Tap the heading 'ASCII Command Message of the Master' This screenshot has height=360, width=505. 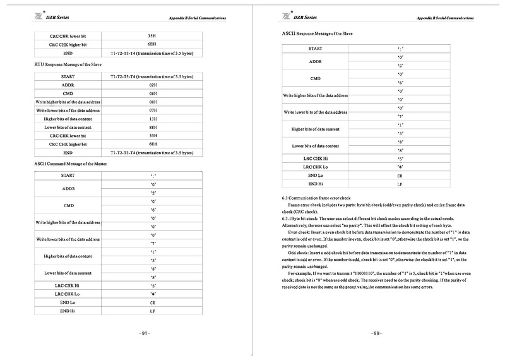click(x=67, y=164)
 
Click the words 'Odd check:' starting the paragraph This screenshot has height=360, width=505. click(x=301, y=234)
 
